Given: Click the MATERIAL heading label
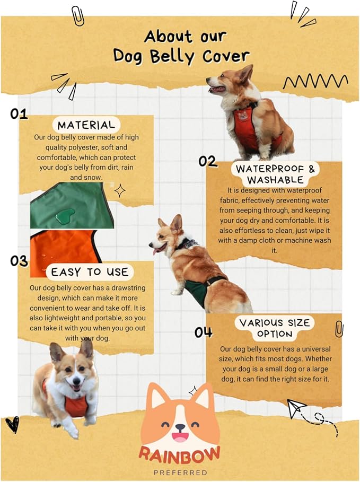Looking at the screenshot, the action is pos(86,125).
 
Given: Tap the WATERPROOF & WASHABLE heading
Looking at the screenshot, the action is pos(275,174).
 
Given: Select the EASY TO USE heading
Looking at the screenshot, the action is pos(90,272).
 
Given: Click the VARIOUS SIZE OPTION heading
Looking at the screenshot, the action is pos(275,328).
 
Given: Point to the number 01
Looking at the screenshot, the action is pos(19,114).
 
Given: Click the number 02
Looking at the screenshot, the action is pos(208,161).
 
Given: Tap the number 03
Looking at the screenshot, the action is pos(19,261).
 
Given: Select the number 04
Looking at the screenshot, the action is pos(203,332).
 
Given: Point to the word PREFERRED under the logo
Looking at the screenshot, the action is pos(180,472).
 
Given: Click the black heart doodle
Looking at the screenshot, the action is pos(12,424).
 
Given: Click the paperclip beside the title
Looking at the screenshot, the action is pos(77,16).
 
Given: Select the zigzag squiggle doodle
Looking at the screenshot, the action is pos(315,82).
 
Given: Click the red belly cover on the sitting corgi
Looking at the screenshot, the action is pos(246,129).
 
